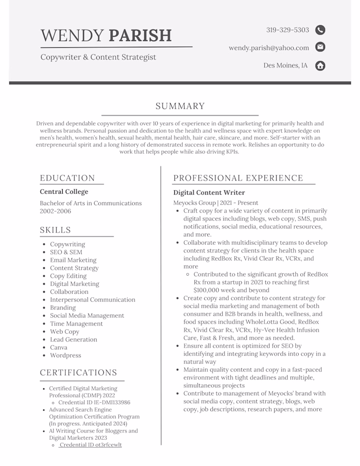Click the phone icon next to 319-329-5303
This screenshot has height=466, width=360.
320,30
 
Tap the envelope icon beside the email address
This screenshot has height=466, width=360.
320,47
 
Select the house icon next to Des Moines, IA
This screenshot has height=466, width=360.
320,65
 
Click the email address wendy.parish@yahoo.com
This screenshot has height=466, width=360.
269,48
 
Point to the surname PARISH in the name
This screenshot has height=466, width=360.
140,35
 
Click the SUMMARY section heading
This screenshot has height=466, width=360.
180,106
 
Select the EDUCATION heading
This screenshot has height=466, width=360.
67,178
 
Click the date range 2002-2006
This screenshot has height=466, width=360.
56,211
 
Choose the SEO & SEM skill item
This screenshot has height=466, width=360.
66,252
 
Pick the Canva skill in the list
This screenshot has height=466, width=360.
59,347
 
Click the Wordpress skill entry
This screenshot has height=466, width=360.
65,355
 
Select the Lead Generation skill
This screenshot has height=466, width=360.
74,339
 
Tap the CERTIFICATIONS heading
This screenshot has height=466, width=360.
79,373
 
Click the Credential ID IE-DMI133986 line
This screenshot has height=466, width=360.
94,403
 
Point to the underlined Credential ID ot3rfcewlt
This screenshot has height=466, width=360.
91,445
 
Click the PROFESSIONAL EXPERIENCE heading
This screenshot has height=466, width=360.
238,178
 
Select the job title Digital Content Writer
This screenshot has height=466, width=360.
209,193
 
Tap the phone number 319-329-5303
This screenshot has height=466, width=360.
287,30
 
